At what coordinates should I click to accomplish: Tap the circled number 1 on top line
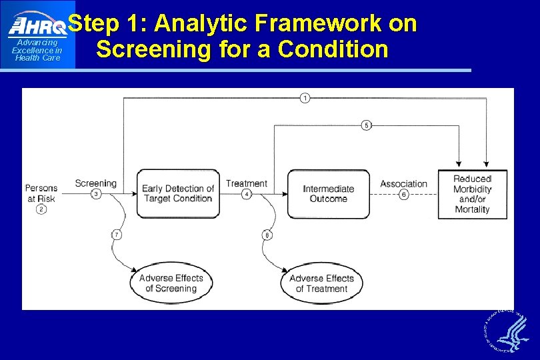pyautogui.click(x=305, y=98)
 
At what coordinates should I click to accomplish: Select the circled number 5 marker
pyautogui.click(x=366, y=125)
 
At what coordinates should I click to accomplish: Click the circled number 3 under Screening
pyautogui.click(x=96, y=194)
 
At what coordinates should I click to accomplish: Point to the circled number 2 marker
pyautogui.click(x=41, y=209)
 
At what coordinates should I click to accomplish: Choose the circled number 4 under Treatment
pyautogui.click(x=247, y=194)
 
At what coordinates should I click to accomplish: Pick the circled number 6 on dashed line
pyautogui.click(x=403, y=195)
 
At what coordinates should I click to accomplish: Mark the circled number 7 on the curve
pyautogui.click(x=117, y=235)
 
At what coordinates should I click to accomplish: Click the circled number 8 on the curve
pyautogui.click(x=267, y=235)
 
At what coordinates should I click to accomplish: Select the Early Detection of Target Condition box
pyautogui.click(x=178, y=194)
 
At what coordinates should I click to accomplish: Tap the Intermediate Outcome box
pyautogui.click(x=329, y=194)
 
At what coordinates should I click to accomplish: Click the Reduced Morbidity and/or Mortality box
pyautogui.click(x=472, y=194)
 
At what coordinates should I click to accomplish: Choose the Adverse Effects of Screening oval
pyautogui.click(x=171, y=283)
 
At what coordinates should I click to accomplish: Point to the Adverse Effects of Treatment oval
pyautogui.click(x=321, y=283)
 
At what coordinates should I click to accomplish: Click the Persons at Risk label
pyautogui.click(x=41, y=193)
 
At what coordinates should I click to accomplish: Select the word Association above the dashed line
pyautogui.click(x=403, y=183)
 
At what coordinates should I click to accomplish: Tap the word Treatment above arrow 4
pyautogui.click(x=247, y=183)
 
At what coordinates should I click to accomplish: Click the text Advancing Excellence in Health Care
pyautogui.click(x=37, y=51)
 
